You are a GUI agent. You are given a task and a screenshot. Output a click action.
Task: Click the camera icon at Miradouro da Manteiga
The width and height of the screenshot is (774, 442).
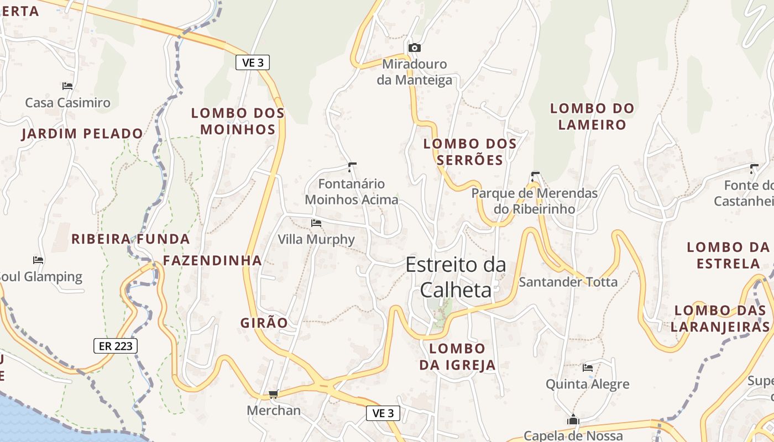[x=414, y=48]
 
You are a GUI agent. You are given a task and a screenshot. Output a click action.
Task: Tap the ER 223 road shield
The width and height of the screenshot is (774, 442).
[x=115, y=346]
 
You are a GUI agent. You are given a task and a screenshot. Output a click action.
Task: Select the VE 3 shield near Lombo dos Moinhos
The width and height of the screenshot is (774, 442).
[x=253, y=62]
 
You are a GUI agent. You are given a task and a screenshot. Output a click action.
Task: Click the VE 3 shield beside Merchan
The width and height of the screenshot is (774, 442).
[x=383, y=413]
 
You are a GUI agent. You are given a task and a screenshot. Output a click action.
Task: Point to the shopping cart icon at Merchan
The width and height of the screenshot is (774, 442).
[x=273, y=394]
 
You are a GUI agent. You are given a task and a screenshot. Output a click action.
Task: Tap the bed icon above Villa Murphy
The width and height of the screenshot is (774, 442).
[x=316, y=223]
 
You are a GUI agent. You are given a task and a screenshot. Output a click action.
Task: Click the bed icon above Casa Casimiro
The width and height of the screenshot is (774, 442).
[x=67, y=86]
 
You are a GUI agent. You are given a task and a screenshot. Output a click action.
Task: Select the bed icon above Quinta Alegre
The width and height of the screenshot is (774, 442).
[x=588, y=367]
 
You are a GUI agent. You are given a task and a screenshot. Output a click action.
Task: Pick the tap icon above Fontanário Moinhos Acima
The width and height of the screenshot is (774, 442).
[x=352, y=166]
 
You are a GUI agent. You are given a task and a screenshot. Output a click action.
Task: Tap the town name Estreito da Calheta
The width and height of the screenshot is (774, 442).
[x=456, y=277]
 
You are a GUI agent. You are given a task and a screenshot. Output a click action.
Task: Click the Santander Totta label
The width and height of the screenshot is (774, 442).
[x=568, y=282]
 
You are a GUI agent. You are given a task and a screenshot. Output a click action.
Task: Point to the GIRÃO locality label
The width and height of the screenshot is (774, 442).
[x=264, y=323]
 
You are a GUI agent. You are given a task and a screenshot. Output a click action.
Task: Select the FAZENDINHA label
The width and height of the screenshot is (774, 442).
[x=212, y=260]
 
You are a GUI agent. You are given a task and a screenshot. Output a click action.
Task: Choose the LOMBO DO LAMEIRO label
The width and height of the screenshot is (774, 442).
[x=592, y=116]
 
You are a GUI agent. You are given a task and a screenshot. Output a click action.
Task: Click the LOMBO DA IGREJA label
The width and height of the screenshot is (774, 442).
[x=457, y=356]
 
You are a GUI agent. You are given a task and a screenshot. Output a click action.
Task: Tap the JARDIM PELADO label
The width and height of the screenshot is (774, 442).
[x=82, y=133]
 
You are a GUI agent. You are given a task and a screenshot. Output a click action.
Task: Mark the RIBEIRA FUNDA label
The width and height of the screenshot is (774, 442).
[x=130, y=239]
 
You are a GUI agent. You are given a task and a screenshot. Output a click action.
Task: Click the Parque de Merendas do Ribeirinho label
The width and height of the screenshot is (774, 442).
[x=535, y=201]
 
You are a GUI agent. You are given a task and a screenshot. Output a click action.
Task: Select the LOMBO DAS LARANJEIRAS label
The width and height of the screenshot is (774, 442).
[x=722, y=318]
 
